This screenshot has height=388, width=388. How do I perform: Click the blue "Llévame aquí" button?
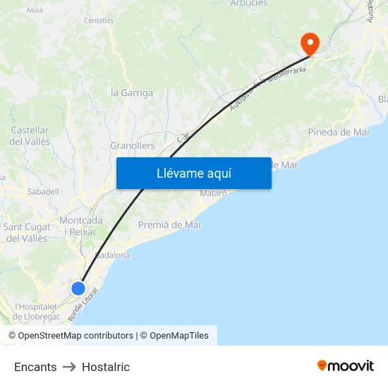click(x=193, y=174)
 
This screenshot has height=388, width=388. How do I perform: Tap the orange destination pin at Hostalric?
click(x=310, y=44)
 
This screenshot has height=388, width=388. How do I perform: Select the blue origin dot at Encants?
click(x=78, y=288)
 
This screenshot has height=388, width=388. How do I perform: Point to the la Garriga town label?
click(x=132, y=92)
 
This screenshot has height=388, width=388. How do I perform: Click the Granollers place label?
click(x=132, y=146)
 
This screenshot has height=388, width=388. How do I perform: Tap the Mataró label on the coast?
click(x=214, y=193)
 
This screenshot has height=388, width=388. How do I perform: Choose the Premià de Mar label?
click(x=170, y=225)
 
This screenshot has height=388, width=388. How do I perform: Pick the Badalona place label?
click(x=113, y=255)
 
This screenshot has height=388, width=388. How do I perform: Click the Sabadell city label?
click(x=42, y=191)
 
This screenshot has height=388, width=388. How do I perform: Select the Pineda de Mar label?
click(x=339, y=132)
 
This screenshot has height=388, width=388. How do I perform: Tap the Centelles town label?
click(x=99, y=21)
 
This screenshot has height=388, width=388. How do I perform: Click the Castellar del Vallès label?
click(x=30, y=135)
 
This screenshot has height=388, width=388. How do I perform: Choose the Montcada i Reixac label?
click(x=81, y=226)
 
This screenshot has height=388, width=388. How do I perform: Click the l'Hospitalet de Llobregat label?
click(x=36, y=311)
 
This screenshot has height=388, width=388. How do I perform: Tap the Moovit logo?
click(x=346, y=366)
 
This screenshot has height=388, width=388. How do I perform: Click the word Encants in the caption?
click(x=35, y=367)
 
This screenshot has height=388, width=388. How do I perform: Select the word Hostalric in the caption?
click(x=106, y=367)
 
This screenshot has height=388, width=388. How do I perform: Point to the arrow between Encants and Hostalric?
click(x=69, y=367)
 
